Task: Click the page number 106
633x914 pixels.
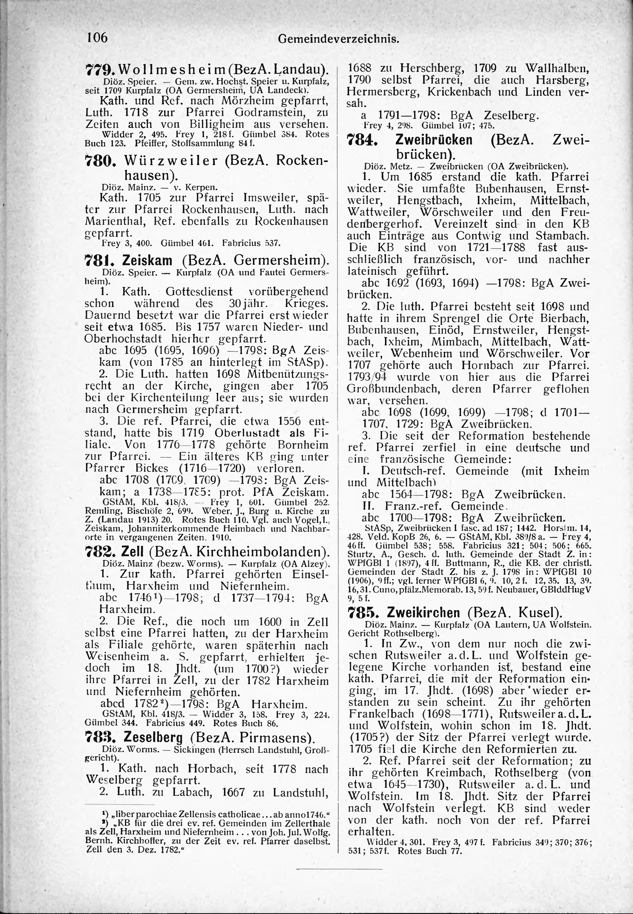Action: click(97, 37)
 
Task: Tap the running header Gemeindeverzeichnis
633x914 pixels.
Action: click(338, 39)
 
